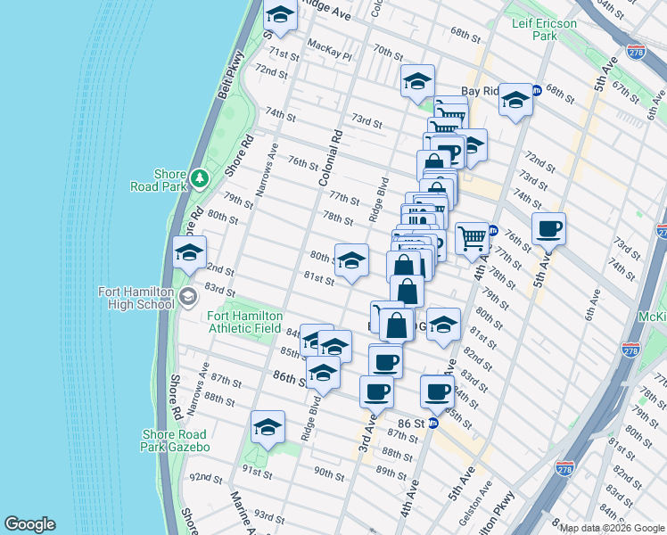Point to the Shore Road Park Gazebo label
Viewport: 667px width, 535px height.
(176, 440)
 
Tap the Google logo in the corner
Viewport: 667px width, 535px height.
(29, 524)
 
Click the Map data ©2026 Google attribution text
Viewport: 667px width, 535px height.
(612, 528)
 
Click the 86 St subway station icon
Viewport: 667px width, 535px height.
(433, 424)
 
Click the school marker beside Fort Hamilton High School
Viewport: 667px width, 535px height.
(188, 254)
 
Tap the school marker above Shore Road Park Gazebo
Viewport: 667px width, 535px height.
(267, 429)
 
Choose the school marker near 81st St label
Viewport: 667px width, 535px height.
(351, 261)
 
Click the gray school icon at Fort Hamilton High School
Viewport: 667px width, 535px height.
(187, 297)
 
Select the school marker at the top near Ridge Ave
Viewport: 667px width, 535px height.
(280, 15)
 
